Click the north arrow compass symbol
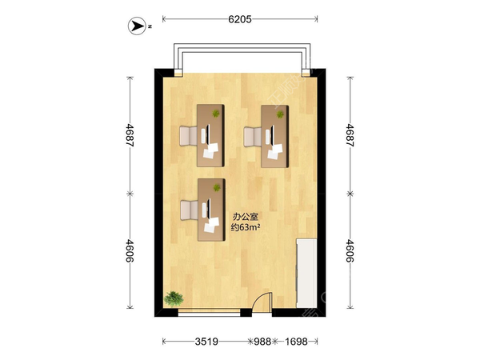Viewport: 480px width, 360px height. coord(137,26)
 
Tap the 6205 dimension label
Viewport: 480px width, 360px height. coord(240,19)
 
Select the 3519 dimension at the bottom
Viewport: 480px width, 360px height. coord(206,342)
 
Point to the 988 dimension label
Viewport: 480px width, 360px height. coord(262,342)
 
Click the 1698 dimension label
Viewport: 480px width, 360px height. coord(296,342)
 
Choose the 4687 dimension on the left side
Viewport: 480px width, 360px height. coord(130,135)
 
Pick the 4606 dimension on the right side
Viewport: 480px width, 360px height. coord(350,250)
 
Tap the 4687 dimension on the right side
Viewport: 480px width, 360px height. coord(350,135)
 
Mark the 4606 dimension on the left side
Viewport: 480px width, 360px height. coord(130,250)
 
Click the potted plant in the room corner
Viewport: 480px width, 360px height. coord(174,298)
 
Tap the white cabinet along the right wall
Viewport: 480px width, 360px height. coord(306,274)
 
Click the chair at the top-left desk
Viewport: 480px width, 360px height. coord(188,136)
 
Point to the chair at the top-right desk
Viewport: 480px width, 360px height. coord(253,137)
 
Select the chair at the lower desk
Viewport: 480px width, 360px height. coord(189,210)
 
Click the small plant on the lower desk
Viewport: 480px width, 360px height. coord(217,187)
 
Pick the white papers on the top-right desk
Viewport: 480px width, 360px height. coord(275,151)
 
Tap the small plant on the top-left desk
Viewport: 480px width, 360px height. coord(216,114)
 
